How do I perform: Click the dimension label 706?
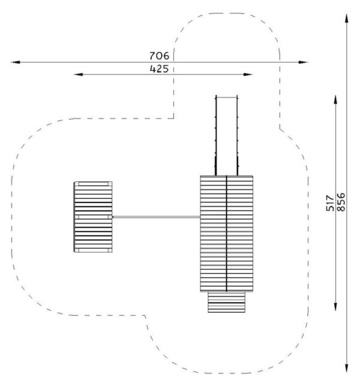point(160,56)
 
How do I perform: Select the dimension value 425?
point(160,68)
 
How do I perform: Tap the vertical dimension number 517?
point(330,203)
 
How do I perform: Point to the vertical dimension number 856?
point(341,202)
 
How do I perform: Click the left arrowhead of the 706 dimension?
point(15,62)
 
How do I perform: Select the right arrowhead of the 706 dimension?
point(303,62)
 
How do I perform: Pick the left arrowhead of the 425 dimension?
point(78,74)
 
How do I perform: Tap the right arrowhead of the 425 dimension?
point(248,74)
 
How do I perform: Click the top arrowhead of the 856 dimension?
point(347,19)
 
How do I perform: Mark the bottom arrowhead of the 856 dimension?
point(347,368)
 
